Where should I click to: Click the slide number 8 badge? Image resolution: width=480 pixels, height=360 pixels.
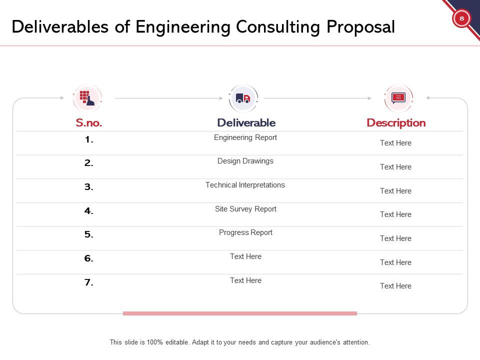coord(461,18)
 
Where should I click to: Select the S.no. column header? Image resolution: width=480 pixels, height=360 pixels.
coord(89,123)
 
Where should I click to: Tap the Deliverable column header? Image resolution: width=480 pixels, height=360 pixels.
coord(246,123)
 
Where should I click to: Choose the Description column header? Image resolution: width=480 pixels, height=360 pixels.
coord(396,123)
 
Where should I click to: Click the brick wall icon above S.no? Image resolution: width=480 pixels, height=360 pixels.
coord(87,98)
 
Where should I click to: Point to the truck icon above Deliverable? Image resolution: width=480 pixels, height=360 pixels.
coord(243,98)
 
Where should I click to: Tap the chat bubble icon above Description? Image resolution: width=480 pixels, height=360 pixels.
coord(398,98)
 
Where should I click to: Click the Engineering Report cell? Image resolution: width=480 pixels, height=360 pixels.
coord(245,137)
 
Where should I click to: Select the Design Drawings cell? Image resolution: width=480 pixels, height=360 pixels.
coord(245,161)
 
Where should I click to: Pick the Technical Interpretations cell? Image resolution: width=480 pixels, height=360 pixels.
coord(245,185)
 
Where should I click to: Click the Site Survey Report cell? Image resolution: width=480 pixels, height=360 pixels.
coord(245,209)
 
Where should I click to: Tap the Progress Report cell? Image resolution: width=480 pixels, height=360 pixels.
coord(245,232)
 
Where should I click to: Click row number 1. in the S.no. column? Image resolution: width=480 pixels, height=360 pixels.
coord(89,140)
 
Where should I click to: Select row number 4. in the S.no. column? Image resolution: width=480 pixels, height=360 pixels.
coord(89,211)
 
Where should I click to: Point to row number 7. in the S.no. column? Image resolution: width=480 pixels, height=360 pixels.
coord(89,283)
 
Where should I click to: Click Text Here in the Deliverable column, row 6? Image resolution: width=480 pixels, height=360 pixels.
coord(245,256)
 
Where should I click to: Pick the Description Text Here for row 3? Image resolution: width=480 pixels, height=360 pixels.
coord(395,191)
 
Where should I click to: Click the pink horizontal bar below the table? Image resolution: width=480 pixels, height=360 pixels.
coord(240,313)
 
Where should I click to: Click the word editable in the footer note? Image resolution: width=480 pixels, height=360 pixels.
coord(175,343)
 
